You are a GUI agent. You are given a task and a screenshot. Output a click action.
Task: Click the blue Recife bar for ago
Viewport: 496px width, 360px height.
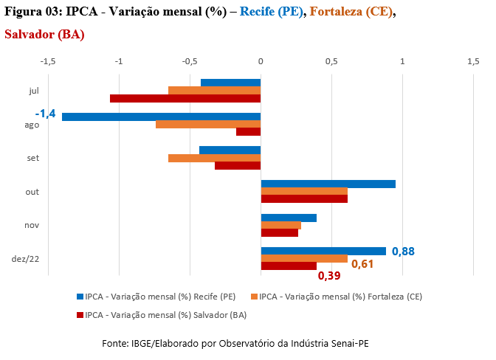(x=162, y=117)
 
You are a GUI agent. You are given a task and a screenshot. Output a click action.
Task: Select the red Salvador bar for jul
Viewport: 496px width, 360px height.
(x=185, y=98)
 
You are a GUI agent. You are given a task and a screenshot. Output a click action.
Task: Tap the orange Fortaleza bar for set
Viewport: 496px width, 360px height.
(x=215, y=158)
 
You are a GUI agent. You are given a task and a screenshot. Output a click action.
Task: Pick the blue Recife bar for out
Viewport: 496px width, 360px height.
(x=328, y=184)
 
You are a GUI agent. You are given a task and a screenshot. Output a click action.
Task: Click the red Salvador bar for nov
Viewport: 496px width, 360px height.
(x=280, y=232)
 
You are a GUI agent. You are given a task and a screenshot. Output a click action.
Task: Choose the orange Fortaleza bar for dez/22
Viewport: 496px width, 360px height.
(x=304, y=258)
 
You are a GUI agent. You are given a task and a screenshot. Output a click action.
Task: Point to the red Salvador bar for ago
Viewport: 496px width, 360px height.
(x=249, y=132)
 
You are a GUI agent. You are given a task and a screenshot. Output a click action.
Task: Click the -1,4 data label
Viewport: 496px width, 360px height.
(x=45, y=114)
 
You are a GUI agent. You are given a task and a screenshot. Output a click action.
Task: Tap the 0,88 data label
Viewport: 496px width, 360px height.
(x=403, y=252)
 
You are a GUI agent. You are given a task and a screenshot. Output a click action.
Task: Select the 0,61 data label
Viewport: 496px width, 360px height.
(x=362, y=264)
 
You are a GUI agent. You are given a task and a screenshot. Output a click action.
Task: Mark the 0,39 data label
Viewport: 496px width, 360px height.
(x=329, y=276)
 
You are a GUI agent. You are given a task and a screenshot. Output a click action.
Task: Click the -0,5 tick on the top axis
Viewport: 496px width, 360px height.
(x=190, y=61)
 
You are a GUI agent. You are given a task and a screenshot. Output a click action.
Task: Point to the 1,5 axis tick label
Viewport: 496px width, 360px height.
(x=473, y=61)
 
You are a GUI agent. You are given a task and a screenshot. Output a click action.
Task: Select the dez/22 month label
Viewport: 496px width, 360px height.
(x=25, y=259)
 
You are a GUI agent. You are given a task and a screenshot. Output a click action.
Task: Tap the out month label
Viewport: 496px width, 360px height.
(x=32, y=192)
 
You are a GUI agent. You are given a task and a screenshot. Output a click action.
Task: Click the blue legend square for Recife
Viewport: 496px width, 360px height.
(x=80, y=297)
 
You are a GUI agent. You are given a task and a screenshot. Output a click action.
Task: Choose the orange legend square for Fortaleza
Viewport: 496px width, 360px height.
(x=255, y=297)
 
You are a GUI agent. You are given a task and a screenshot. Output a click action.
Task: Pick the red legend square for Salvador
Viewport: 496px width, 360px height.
(x=80, y=315)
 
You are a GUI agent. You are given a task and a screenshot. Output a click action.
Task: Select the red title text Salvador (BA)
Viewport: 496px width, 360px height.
(x=44, y=35)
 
